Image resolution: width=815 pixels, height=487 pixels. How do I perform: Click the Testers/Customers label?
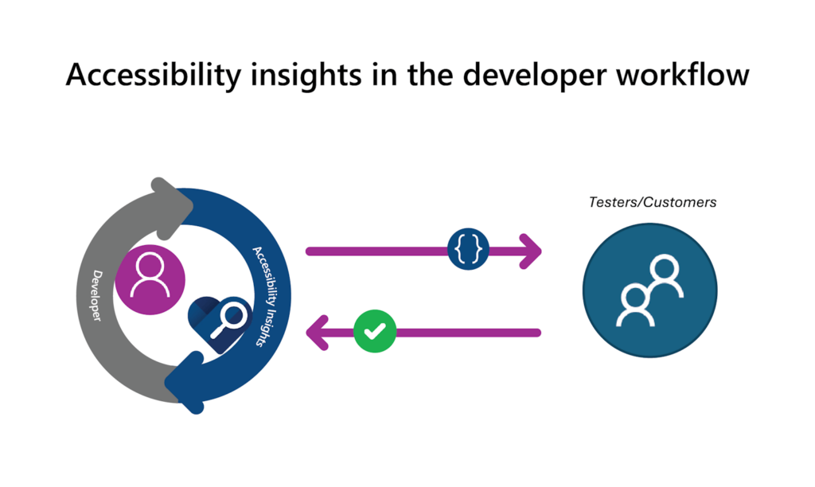coord(653,202)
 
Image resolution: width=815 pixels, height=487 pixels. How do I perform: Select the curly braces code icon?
coord(468,250)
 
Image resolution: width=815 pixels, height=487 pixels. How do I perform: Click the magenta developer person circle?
coord(150,279)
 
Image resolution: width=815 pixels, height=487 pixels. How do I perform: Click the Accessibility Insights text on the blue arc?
coord(267,295)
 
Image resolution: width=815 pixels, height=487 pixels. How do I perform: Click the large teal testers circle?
coord(650,290)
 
